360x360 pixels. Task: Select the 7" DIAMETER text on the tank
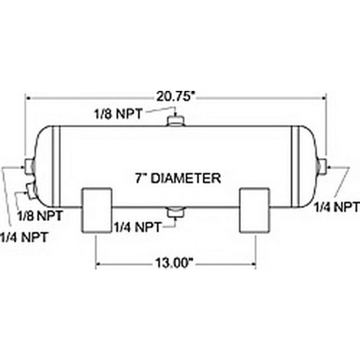click(178, 178)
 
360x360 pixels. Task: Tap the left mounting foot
click(96, 210)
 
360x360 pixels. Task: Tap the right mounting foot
click(255, 210)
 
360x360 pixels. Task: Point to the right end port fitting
click(323, 166)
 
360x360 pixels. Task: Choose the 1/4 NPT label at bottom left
click(23, 236)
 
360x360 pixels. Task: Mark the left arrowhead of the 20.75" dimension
click(27, 97)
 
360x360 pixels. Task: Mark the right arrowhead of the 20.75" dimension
click(324, 97)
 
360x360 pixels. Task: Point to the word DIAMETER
click(185, 178)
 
